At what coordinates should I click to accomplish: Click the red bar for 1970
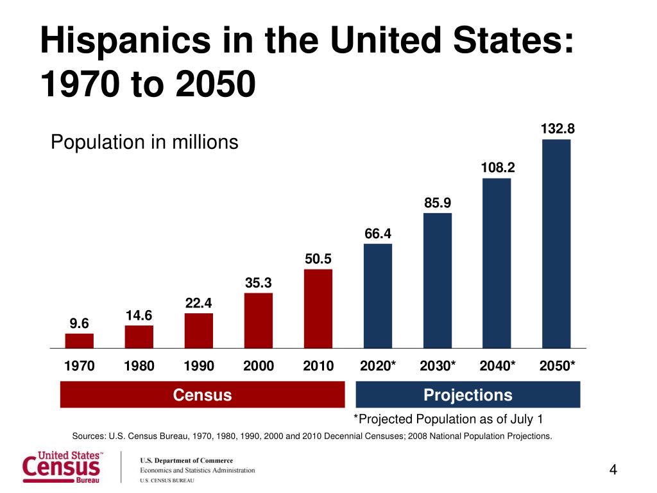click(80, 341)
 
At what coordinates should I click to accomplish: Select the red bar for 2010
click(318, 309)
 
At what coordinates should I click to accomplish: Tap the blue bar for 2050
click(556, 244)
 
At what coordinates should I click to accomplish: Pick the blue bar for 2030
click(438, 281)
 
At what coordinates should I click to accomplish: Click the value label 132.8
click(557, 129)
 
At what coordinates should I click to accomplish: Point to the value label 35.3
click(259, 282)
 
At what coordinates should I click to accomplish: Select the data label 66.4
click(378, 234)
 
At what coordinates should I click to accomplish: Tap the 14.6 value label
click(139, 315)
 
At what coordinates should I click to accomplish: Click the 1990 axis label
click(199, 366)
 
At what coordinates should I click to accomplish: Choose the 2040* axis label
click(497, 366)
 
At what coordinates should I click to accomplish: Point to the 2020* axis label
click(378, 366)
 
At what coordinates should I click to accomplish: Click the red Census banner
click(202, 395)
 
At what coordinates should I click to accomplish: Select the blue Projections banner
click(468, 395)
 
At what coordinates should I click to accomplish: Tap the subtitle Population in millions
click(144, 142)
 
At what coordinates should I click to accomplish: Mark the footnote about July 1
click(448, 420)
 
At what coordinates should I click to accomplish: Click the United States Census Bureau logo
click(62, 467)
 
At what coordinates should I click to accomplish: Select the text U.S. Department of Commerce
click(187, 460)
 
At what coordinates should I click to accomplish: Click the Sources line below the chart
click(312, 437)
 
